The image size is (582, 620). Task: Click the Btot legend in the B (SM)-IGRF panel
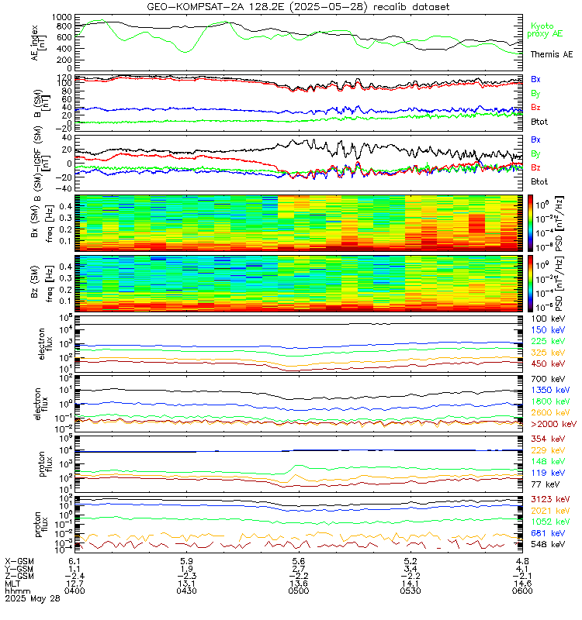coord(541,181)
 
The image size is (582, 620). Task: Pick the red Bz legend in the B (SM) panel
coord(536,106)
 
